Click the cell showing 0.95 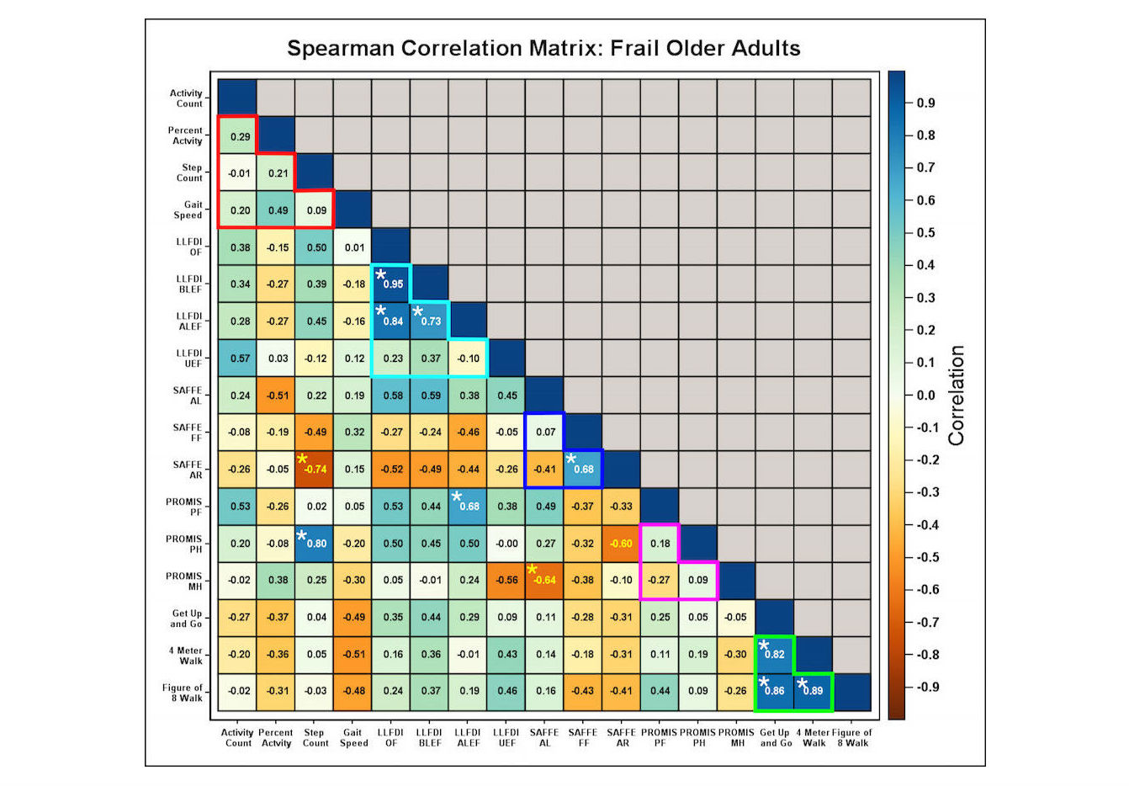392,284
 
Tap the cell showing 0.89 813,691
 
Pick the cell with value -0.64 545,580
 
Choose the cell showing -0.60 622,543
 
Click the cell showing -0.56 506,580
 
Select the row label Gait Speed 188,210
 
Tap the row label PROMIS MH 184,581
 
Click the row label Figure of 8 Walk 183,692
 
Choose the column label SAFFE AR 622,737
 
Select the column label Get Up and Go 775,737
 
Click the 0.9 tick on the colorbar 925,103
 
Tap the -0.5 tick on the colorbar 927,557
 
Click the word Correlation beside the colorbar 956,396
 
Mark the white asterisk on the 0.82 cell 764,646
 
